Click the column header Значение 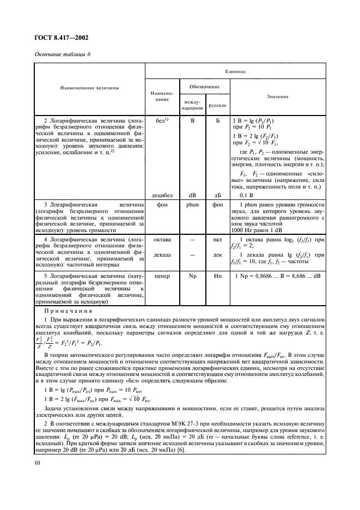pos(278,96)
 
